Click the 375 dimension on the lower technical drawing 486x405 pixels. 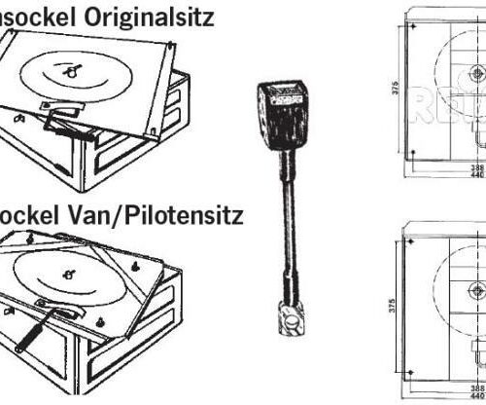point(387,301)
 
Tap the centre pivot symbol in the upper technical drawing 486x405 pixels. point(475,74)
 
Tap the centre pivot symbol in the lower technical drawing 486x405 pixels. point(475,289)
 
